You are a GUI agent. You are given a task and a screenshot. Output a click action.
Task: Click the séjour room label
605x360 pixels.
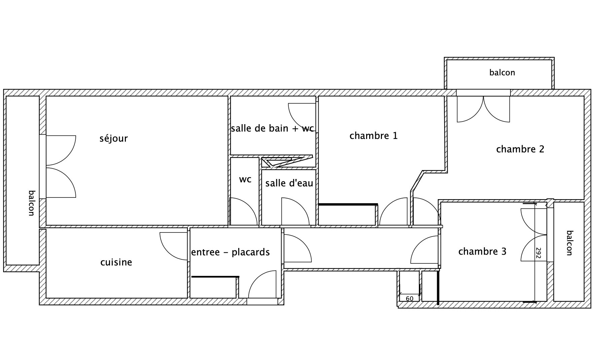point(114,139)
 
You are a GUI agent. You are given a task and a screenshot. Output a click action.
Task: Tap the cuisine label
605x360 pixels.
point(116,262)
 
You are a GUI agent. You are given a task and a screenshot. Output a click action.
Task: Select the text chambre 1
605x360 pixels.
point(373,136)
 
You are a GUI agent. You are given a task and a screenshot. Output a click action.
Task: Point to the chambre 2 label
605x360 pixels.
point(520,149)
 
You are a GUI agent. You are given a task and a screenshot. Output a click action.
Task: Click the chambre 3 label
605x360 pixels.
point(482,251)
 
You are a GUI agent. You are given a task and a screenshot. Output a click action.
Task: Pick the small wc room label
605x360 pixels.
point(245,179)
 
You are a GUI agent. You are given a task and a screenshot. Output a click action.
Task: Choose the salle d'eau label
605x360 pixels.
point(289,183)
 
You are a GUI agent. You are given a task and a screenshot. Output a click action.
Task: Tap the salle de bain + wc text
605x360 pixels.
point(273,128)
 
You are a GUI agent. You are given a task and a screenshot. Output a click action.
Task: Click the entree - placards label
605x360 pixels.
point(230,252)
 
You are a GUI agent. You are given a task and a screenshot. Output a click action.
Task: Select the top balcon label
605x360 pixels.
point(502,73)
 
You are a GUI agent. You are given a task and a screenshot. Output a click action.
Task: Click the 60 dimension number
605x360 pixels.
point(410,298)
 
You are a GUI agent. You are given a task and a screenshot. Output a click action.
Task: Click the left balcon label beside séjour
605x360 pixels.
point(32,203)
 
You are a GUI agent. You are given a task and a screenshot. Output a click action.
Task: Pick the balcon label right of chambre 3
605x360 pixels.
point(569,243)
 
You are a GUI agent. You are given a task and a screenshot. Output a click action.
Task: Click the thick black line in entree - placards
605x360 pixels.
point(215,277)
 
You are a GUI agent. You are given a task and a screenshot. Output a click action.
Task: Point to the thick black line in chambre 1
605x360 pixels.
point(348,204)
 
